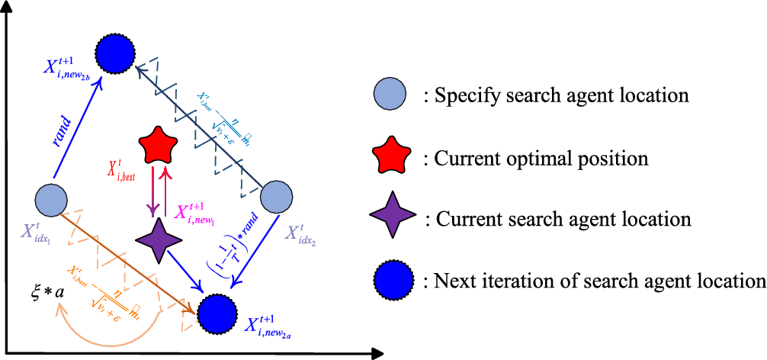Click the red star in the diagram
pos(159,143)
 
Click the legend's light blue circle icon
pos(391,97)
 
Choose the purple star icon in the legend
pos(392,219)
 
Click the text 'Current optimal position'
pos(541,159)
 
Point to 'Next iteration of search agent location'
pos(599,281)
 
